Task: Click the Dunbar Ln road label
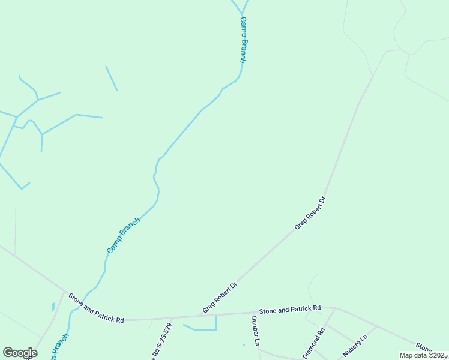click(255, 331)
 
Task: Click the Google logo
click(20, 353)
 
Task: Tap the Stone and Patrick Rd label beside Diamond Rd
click(290, 309)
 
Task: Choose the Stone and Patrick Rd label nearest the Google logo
click(96, 308)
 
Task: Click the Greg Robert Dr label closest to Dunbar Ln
click(220, 298)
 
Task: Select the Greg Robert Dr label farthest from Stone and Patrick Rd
click(310, 213)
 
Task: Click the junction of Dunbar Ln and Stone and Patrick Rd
click(253, 313)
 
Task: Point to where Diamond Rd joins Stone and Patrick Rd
click(334, 309)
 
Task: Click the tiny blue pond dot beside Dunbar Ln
click(244, 345)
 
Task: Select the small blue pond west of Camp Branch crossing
click(53, 307)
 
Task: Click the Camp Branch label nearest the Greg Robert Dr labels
click(124, 235)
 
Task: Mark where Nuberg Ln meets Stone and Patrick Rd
click(377, 326)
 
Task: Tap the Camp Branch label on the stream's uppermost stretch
click(243, 40)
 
